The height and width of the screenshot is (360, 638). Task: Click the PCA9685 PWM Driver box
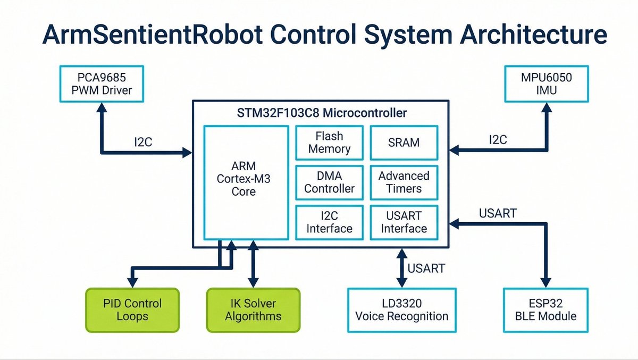pos(102,85)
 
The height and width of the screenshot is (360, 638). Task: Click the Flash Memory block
pos(329,143)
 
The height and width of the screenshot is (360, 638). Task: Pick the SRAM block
pos(404,143)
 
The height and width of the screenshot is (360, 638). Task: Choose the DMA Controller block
pos(329,182)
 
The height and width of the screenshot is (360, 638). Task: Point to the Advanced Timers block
pos(404,182)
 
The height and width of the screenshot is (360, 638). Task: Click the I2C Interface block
pos(329,222)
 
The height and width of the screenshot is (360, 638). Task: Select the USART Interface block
pos(404,222)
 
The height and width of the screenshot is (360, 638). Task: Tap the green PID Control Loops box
pos(132,310)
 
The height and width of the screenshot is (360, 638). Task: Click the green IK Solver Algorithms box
pos(253,310)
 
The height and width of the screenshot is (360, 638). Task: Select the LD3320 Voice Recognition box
pos(401,310)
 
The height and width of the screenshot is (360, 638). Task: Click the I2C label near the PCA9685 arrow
pos(144,142)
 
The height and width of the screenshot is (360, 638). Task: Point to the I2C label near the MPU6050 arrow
pos(498,140)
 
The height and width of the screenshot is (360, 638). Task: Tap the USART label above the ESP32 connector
pos(498,213)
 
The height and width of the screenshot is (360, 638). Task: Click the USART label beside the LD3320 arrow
pos(426,269)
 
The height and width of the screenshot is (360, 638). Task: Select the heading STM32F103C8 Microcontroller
pos(322,113)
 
